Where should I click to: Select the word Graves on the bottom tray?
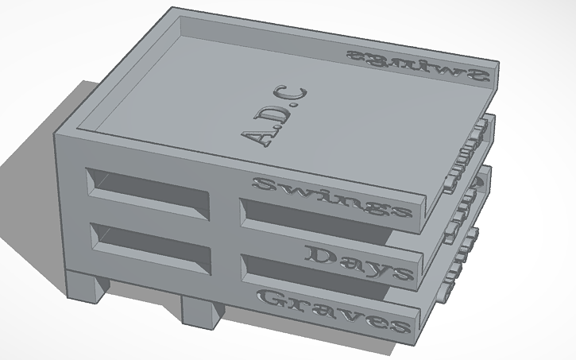pyautogui.click(x=334, y=312)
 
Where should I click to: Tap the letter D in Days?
pyautogui.click(x=316, y=254)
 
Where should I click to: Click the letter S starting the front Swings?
pyautogui.click(x=262, y=185)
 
